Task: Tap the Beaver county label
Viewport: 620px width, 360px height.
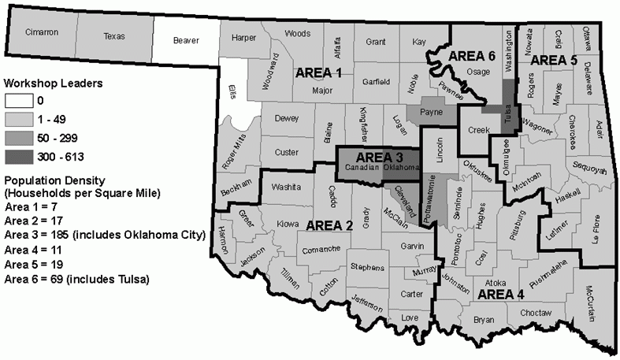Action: pos(185,40)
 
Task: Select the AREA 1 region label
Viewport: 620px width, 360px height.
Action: pos(318,72)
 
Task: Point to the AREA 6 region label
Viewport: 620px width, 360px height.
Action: pos(470,56)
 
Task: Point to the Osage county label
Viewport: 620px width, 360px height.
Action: pos(478,72)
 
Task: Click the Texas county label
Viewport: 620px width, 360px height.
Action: pos(114,35)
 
